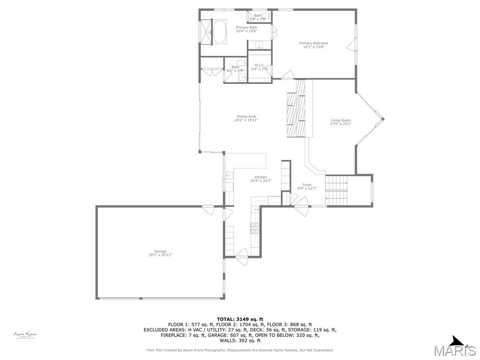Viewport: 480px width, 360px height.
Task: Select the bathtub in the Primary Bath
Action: (220, 32)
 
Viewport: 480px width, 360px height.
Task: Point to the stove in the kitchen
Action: (255, 228)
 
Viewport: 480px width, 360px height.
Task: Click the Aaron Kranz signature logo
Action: (25, 335)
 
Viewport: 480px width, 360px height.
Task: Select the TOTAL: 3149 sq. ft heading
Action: (240, 319)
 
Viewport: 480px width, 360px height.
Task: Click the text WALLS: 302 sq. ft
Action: (240, 341)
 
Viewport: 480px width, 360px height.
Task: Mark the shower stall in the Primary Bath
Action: (206, 32)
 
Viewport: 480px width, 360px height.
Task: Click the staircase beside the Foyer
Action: (337, 191)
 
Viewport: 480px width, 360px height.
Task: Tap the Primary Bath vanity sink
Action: (259, 45)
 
